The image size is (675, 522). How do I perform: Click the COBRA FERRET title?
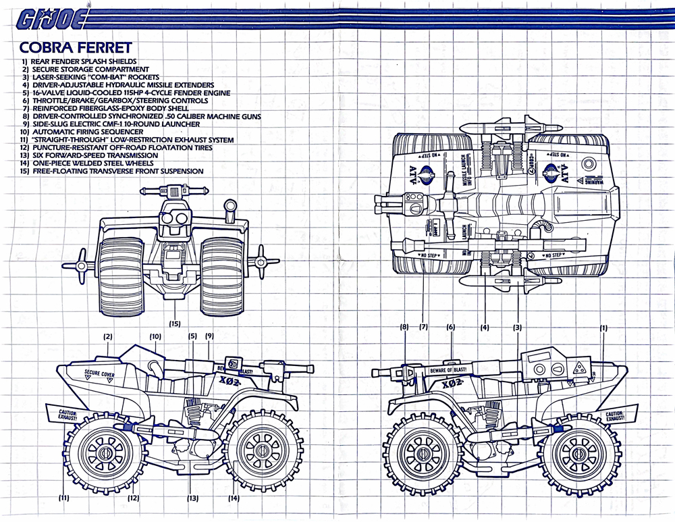point(75,47)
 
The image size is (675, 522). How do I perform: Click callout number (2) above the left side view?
point(107,336)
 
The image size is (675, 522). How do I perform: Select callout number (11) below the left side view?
point(64,498)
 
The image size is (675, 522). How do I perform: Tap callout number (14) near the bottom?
point(234,498)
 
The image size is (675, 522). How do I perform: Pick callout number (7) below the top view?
point(423,328)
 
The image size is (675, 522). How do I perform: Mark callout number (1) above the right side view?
point(603,328)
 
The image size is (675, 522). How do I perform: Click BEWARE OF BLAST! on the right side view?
point(450,370)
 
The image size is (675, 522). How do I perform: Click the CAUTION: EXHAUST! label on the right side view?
point(622,416)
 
